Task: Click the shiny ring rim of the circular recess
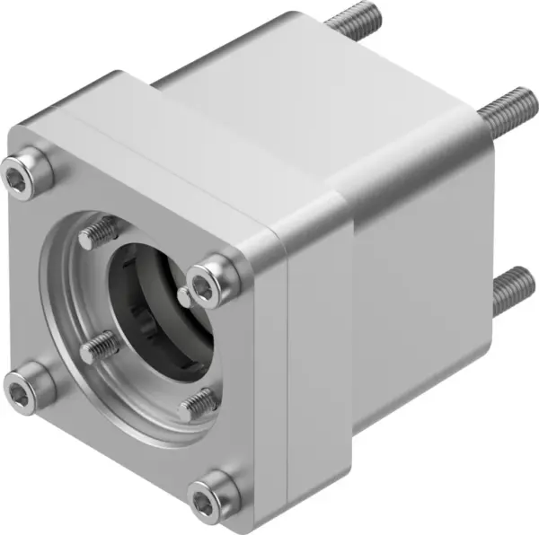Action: pos(67,359)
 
